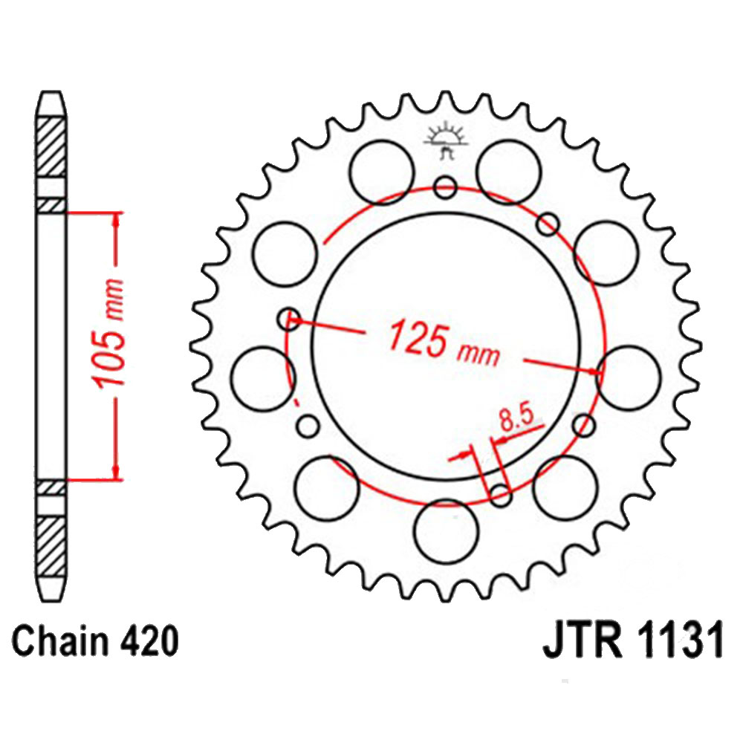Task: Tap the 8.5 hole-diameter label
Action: [x=516, y=417]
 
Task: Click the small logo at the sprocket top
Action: [x=445, y=140]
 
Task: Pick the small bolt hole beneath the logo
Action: [x=445, y=187]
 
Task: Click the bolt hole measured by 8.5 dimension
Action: [x=500, y=495]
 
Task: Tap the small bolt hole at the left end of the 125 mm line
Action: [x=288, y=319]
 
